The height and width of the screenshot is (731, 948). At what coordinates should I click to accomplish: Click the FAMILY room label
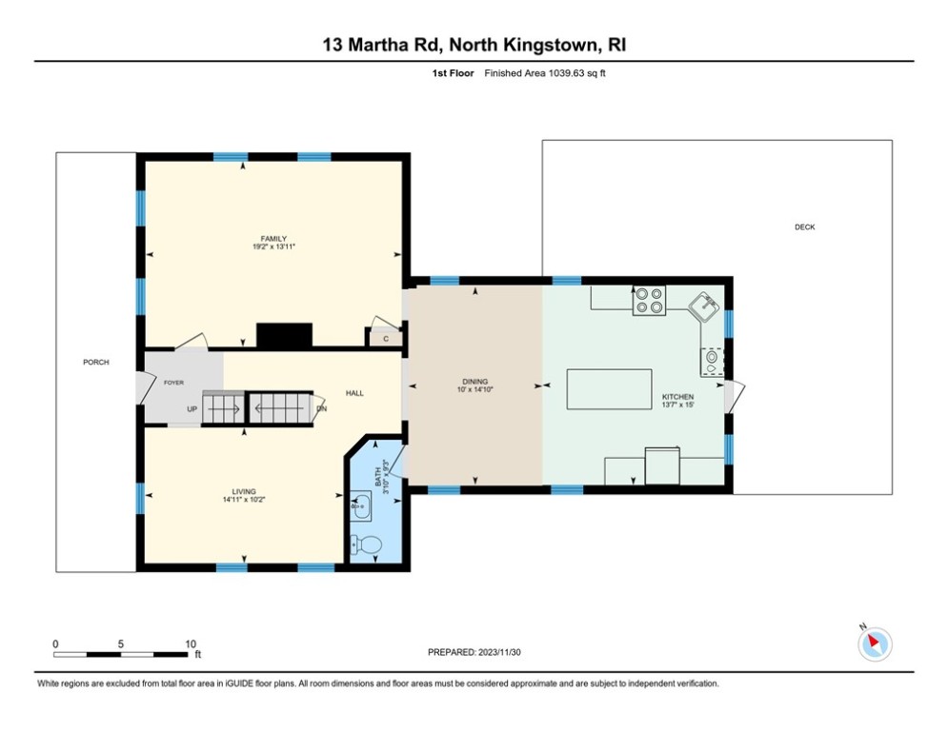point(274,239)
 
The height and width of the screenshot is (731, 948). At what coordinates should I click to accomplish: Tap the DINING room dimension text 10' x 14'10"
point(474,389)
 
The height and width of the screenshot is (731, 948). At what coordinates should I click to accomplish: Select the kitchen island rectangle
point(609,389)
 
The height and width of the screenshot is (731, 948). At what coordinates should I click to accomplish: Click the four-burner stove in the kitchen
point(649,300)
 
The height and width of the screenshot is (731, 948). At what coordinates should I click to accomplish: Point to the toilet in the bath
point(367,545)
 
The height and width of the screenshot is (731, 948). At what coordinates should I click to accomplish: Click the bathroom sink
point(361,505)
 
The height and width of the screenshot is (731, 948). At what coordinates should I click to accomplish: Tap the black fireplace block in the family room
point(284,335)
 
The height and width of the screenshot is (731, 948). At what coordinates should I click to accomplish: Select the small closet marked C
point(386,338)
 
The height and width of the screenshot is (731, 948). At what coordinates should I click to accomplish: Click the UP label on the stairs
point(192,409)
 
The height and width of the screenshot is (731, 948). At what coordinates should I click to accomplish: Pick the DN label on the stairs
point(321,409)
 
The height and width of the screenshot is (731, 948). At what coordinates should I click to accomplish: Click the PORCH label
point(95,362)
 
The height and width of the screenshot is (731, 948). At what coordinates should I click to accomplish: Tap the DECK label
point(805,227)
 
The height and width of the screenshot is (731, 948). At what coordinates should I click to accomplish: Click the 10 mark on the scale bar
point(191,643)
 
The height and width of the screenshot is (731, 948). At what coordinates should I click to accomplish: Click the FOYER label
point(173,383)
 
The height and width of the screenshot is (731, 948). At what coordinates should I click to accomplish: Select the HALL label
point(353,392)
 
